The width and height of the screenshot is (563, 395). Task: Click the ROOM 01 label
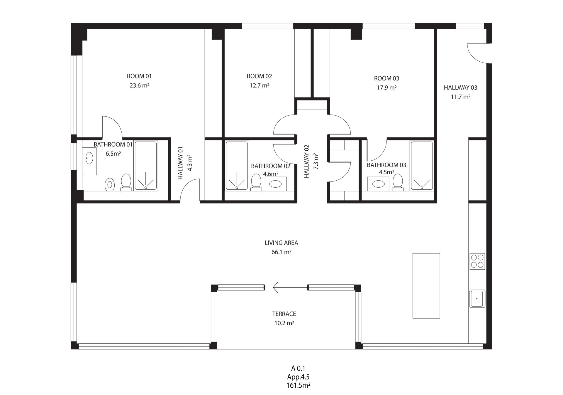[139, 76]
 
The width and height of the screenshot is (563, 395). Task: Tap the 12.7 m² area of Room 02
[259, 85]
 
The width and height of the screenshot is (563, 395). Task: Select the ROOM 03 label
[386, 78]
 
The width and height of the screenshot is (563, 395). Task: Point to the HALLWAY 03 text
[460, 88]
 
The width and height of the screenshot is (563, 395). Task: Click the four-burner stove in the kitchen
[477, 261]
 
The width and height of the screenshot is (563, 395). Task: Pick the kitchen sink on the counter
[477, 299]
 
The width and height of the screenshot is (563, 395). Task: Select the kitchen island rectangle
[426, 286]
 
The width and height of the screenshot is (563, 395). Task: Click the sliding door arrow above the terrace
[290, 287]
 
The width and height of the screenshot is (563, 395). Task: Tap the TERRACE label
[284, 314]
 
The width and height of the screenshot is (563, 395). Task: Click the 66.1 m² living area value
[281, 252]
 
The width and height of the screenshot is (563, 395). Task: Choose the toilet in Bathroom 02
[256, 182]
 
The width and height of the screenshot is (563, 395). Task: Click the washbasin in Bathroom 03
[378, 184]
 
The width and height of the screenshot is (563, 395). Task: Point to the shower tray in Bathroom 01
[146, 166]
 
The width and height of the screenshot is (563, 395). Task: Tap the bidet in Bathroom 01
[110, 184]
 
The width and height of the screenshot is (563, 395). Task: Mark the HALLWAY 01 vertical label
[180, 163]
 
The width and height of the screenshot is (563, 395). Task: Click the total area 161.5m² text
[299, 386]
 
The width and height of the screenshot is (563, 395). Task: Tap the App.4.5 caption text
[299, 377]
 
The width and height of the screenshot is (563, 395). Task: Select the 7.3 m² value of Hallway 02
[316, 161]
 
